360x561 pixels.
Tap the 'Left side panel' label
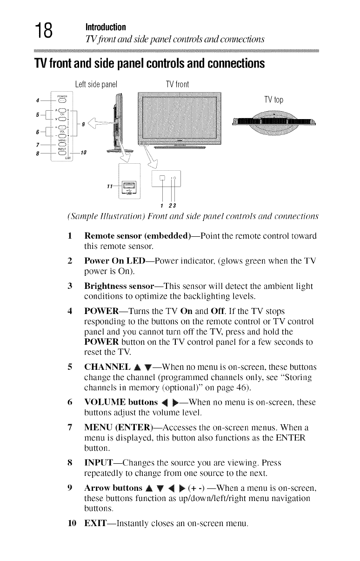[x=95, y=84]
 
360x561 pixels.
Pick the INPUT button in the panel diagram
[x=62, y=153]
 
